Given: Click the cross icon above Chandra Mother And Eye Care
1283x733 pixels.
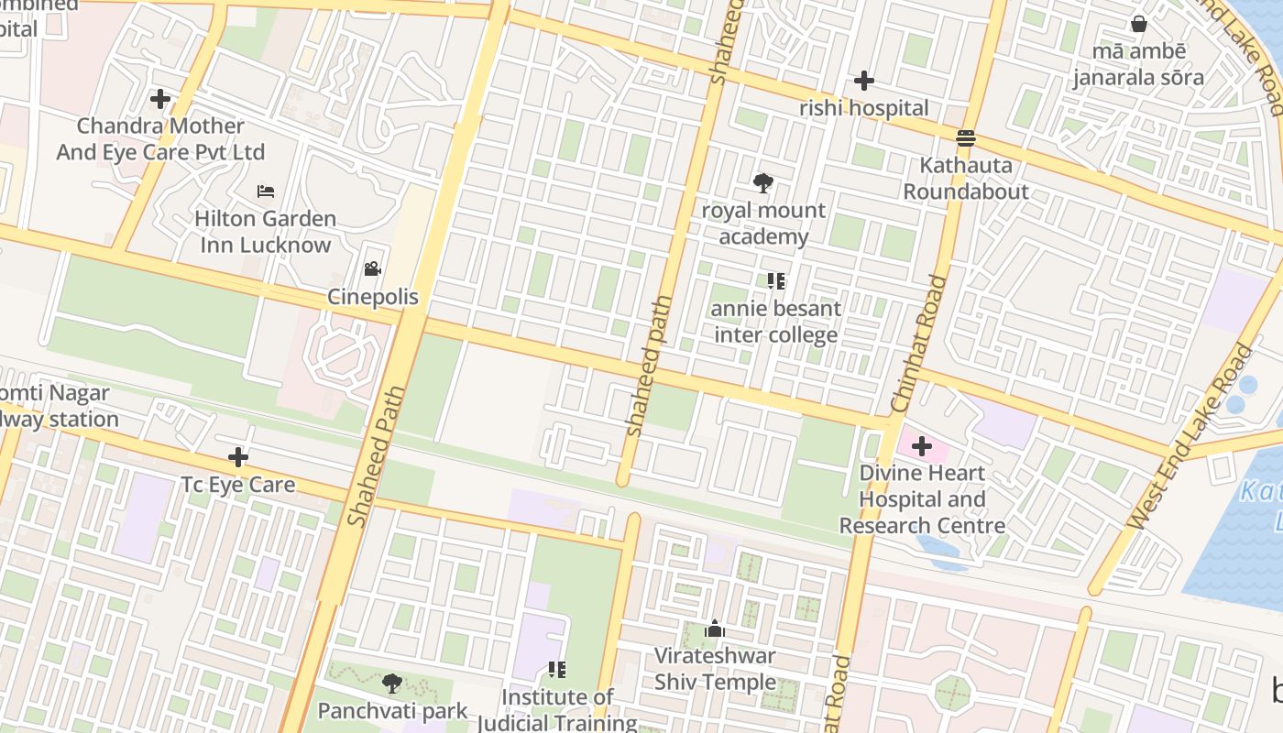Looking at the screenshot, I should pos(160,98).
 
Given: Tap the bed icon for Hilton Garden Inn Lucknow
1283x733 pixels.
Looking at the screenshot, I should pos(266,191).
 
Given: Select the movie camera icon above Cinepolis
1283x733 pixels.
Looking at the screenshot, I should pos(372,269).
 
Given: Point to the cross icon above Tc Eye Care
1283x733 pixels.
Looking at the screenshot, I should pos(238,456).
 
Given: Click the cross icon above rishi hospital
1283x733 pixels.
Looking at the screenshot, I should pos(863,81).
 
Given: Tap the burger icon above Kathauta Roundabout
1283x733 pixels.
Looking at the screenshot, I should pos(965,138).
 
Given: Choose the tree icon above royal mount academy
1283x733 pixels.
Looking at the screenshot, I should pos(762,183).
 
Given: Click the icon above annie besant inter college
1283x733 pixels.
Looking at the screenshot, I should pos(776,281).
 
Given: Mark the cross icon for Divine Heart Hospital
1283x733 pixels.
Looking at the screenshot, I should pos(922,446).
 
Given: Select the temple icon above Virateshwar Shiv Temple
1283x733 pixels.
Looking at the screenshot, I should pos(715,629).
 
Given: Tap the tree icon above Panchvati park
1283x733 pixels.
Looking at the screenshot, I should pos(392,684).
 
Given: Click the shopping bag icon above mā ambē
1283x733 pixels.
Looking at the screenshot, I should pos(1139,24).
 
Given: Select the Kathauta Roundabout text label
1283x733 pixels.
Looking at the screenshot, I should pos(966,179).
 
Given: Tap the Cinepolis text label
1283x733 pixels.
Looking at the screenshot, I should pos(373,297).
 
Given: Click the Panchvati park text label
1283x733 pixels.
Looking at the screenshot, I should pos(392,711).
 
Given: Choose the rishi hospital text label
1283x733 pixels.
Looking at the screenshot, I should pos(863,108).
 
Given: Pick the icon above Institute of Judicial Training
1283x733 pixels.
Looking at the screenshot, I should pos(556,670).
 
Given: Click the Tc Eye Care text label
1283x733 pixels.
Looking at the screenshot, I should pos(238,485).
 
